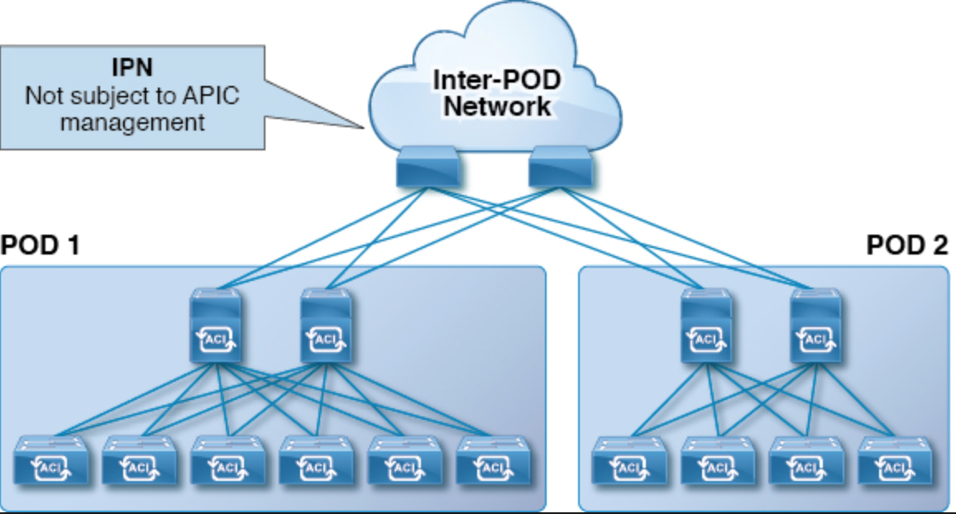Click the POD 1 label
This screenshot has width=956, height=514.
[x=41, y=246]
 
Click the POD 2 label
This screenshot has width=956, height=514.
[x=906, y=246]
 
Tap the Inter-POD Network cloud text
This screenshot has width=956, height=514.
[x=497, y=93]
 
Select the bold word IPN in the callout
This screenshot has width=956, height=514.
[x=131, y=65]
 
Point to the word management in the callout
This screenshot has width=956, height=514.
[x=131, y=123]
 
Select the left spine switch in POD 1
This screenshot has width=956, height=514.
[x=216, y=326]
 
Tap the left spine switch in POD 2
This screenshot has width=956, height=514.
[x=705, y=326]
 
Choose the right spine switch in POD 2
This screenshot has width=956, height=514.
[x=815, y=326]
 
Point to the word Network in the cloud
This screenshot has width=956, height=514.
[x=498, y=106]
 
